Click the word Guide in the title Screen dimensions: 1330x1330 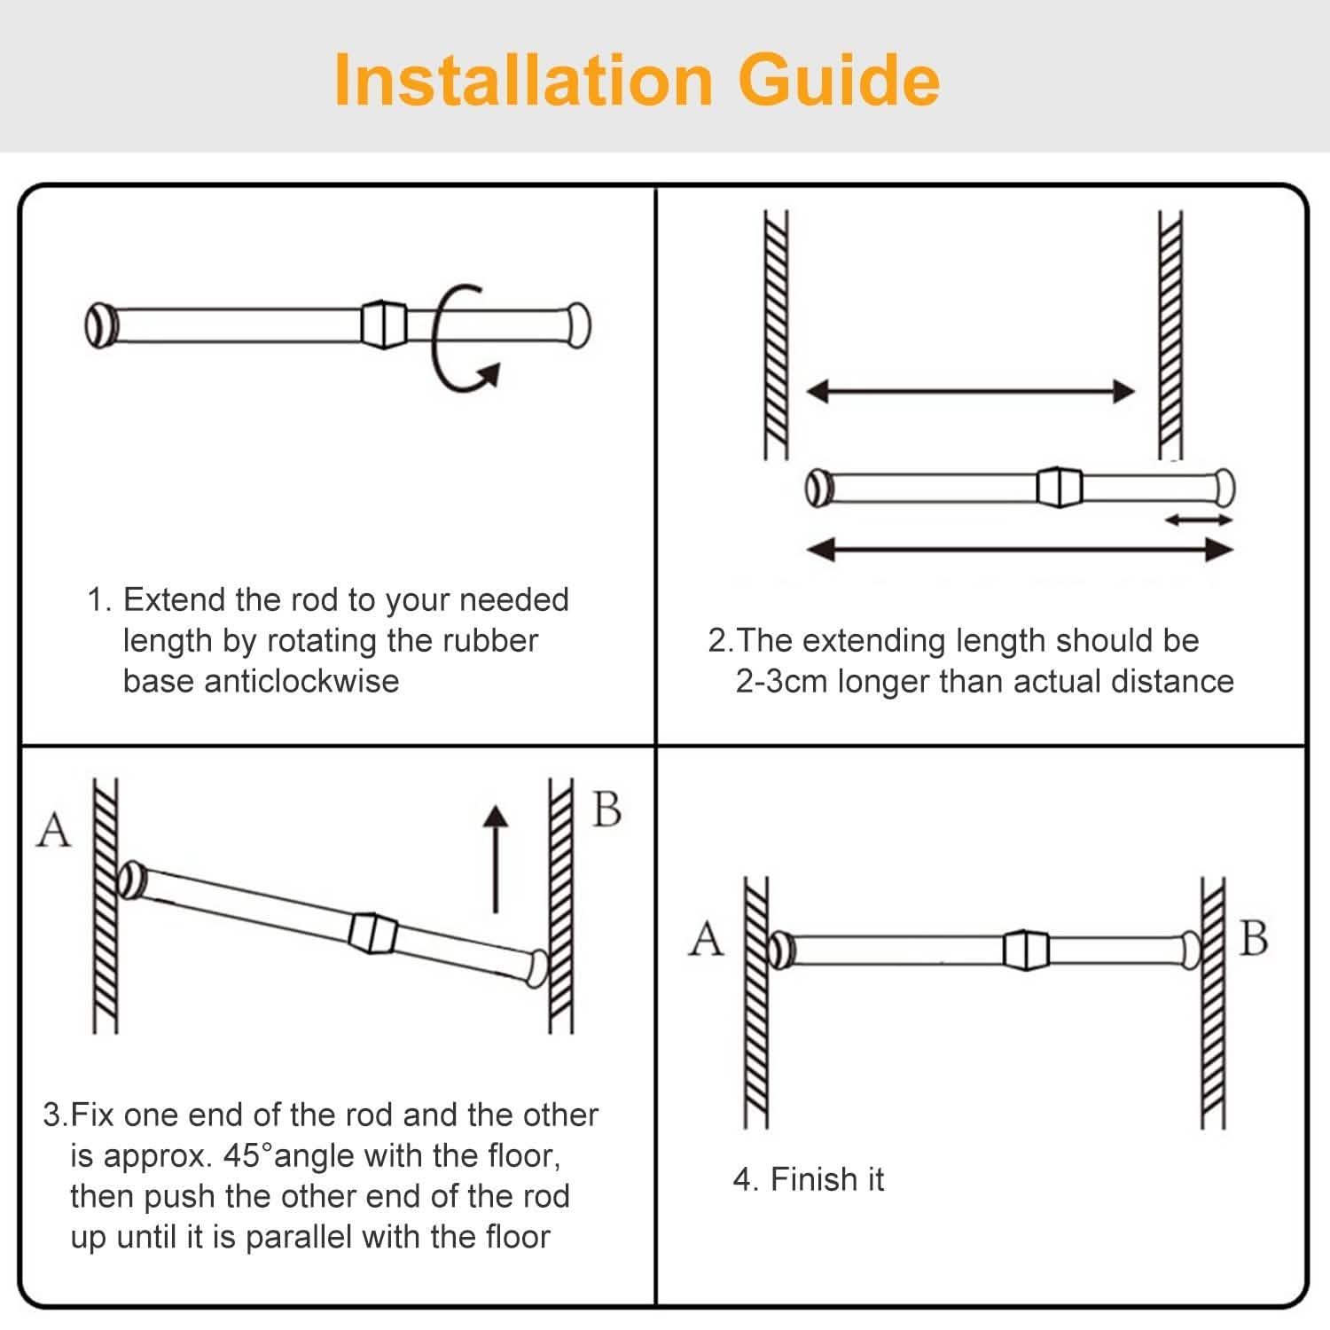838,80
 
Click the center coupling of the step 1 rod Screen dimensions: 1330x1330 383,325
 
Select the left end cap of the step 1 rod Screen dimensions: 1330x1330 100,325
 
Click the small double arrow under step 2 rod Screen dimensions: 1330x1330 1198,520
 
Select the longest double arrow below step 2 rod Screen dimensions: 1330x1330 1020,551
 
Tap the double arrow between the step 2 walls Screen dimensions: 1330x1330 970,391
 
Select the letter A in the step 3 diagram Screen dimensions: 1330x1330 53,831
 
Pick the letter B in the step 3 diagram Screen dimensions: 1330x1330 606,810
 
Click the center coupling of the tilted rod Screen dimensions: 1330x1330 372,932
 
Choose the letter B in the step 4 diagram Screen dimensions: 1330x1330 1253,938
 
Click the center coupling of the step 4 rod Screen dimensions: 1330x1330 1026,950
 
